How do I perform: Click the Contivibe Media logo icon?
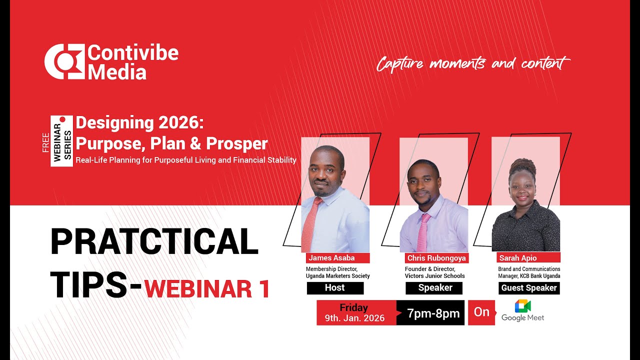click(x=64, y=61)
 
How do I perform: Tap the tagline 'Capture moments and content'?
click(x=472, y=63)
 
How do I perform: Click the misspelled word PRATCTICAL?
click(x=154, y=241)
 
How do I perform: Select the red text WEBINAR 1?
click(x=207, y=289)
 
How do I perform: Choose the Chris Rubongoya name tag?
click(x=436, y=258)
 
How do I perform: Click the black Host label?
click(x=335, y=288)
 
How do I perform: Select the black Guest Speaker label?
click(x=529, y=288)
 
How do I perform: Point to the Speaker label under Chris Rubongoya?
click(x=434, y=288)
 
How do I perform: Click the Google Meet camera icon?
click(x=523, y=306)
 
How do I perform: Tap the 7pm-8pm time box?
click(x=432, y=313)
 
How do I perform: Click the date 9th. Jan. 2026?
click(x=354, y=318)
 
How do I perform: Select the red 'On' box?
click(x=481, y=312)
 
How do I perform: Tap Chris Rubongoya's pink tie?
click(x=423, y=232)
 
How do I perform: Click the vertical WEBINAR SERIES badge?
click(x=61, y=141)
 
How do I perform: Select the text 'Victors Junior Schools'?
click(x=435, y=276)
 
